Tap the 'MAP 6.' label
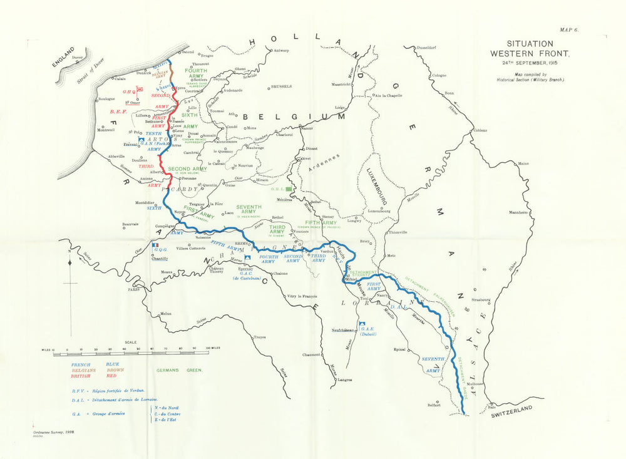click(569, 29)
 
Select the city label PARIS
click(133, 290)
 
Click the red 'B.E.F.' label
click(118, 112)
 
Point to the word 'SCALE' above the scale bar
click(131, 342)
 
